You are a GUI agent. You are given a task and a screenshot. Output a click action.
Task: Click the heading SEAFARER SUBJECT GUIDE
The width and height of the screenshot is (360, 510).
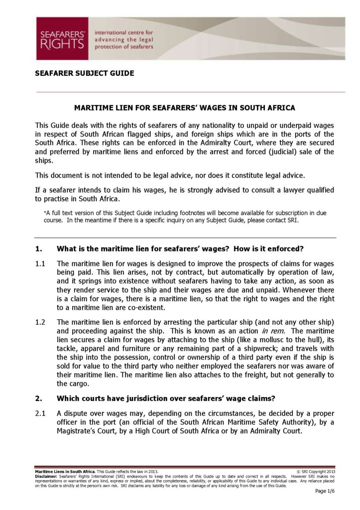tap(84, 73)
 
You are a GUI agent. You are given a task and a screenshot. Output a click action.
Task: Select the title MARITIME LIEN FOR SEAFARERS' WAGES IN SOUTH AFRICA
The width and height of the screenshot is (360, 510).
tap(185, 108)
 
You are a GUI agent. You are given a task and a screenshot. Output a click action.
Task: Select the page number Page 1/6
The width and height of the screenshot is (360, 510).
tap(325, 491)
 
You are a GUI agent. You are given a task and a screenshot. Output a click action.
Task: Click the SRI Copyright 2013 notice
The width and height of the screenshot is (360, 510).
tap(315, 471)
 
